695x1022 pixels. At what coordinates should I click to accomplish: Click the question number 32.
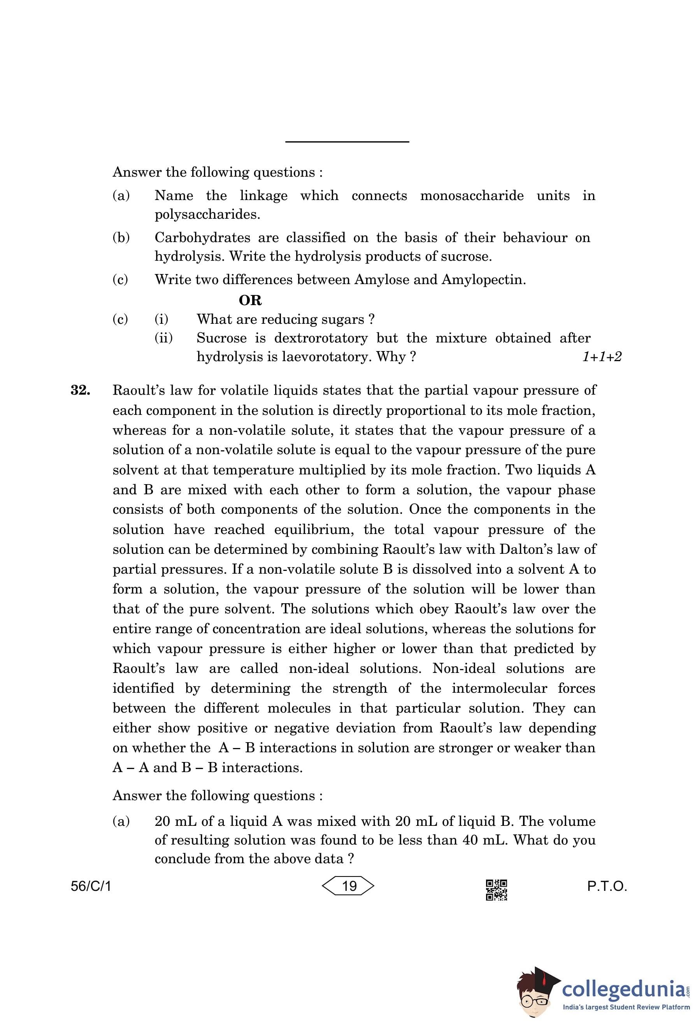click(x=81, y=390)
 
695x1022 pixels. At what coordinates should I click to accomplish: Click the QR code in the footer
click(x=496, y=890)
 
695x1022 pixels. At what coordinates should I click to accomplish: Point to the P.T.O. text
click(x=607, y=886)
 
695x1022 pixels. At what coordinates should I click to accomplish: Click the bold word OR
click(x=250, y=300)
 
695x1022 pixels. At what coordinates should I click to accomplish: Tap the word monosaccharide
click(x=472, y=196)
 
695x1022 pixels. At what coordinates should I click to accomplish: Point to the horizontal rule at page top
click(x=347, y=142)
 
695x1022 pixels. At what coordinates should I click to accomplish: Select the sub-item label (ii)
click(x=163, y=338)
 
